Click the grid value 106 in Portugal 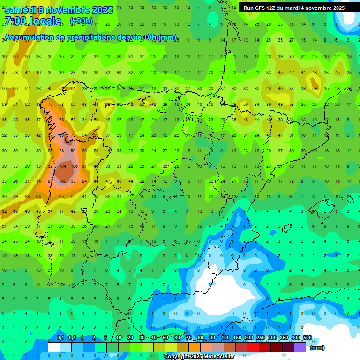pyautogui.click(x=74, y=166)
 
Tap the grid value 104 pyautogui.click(x=63, y=166)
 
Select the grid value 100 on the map pyautogui.click(x=63, y=181)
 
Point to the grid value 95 pyautogui.click(x=73, y=151)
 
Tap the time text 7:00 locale pyautogui.click(x=32, y=21)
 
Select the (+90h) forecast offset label pyautogui.click(x=81, y=21)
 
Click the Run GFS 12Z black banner pyautogui.click(x=294, y=8)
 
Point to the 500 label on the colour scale pyautogui.click(x=307, y=338)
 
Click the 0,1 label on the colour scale pyautogui.click(x=60, y=338)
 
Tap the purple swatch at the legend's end pyautogui.click(x=300, y=347)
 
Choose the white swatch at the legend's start pyautogui.click(x=54, y=347)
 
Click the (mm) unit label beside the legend pyautogui.click(x=317, y=348)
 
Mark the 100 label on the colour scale pyautogui.click(x=225, y=338)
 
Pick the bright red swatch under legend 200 pyautogui.click(x=254, y=347)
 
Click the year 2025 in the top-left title pyautogui.click(x=102, y=10)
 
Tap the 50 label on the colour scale pyautogui.click(x=165, y=338)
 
